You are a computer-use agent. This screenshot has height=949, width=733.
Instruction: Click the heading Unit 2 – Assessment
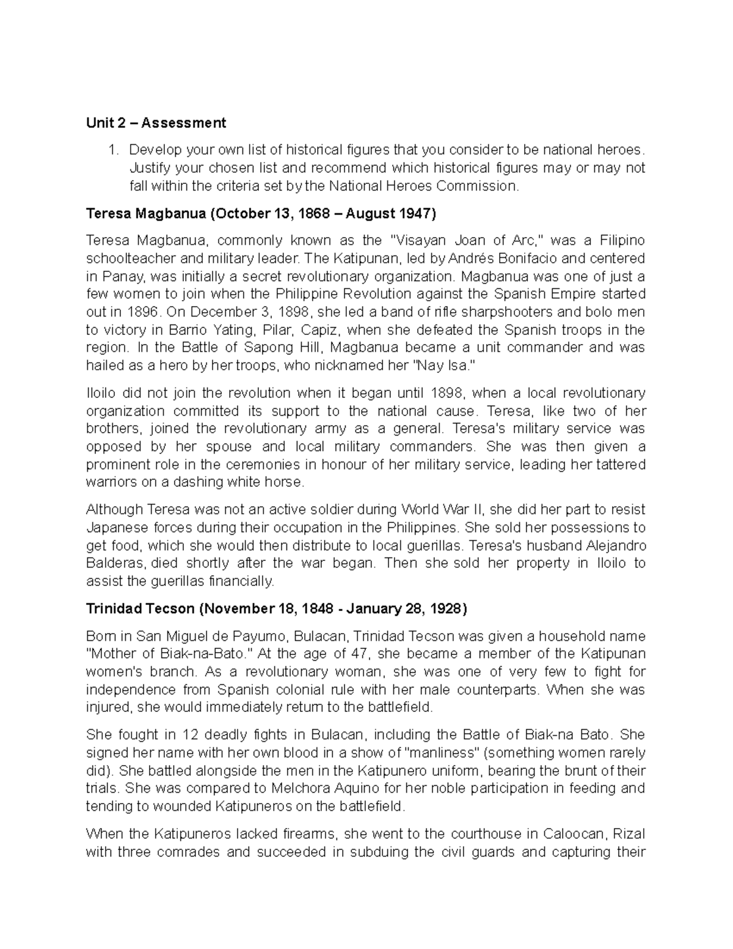tap(156, 123)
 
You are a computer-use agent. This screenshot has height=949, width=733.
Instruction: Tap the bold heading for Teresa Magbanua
tap(261, 213)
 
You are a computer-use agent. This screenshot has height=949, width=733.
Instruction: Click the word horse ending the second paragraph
tap(285, 482)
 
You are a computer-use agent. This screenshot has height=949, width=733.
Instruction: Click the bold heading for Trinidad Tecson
tap(277, 609)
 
